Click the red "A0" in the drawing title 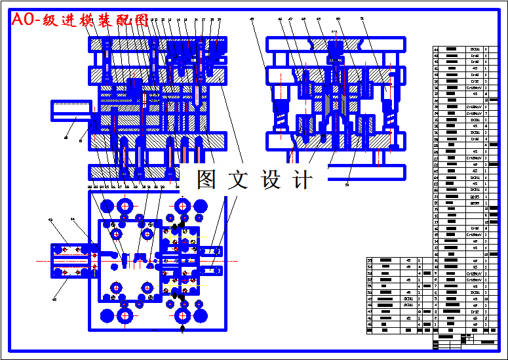(x=25, y=20)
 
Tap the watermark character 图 (x=206, y=180)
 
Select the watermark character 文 (x=238, y=180)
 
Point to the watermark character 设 (x=271, y=180)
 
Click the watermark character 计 (x=303, y=180)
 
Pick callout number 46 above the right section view (x=280, y=20)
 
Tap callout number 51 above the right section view (x=362, y=20)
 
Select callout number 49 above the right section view (x=319, y=20)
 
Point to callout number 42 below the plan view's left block (x=54, y=299)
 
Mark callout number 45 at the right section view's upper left (x=252, y=20)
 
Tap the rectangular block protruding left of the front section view (x=71, y=111)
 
